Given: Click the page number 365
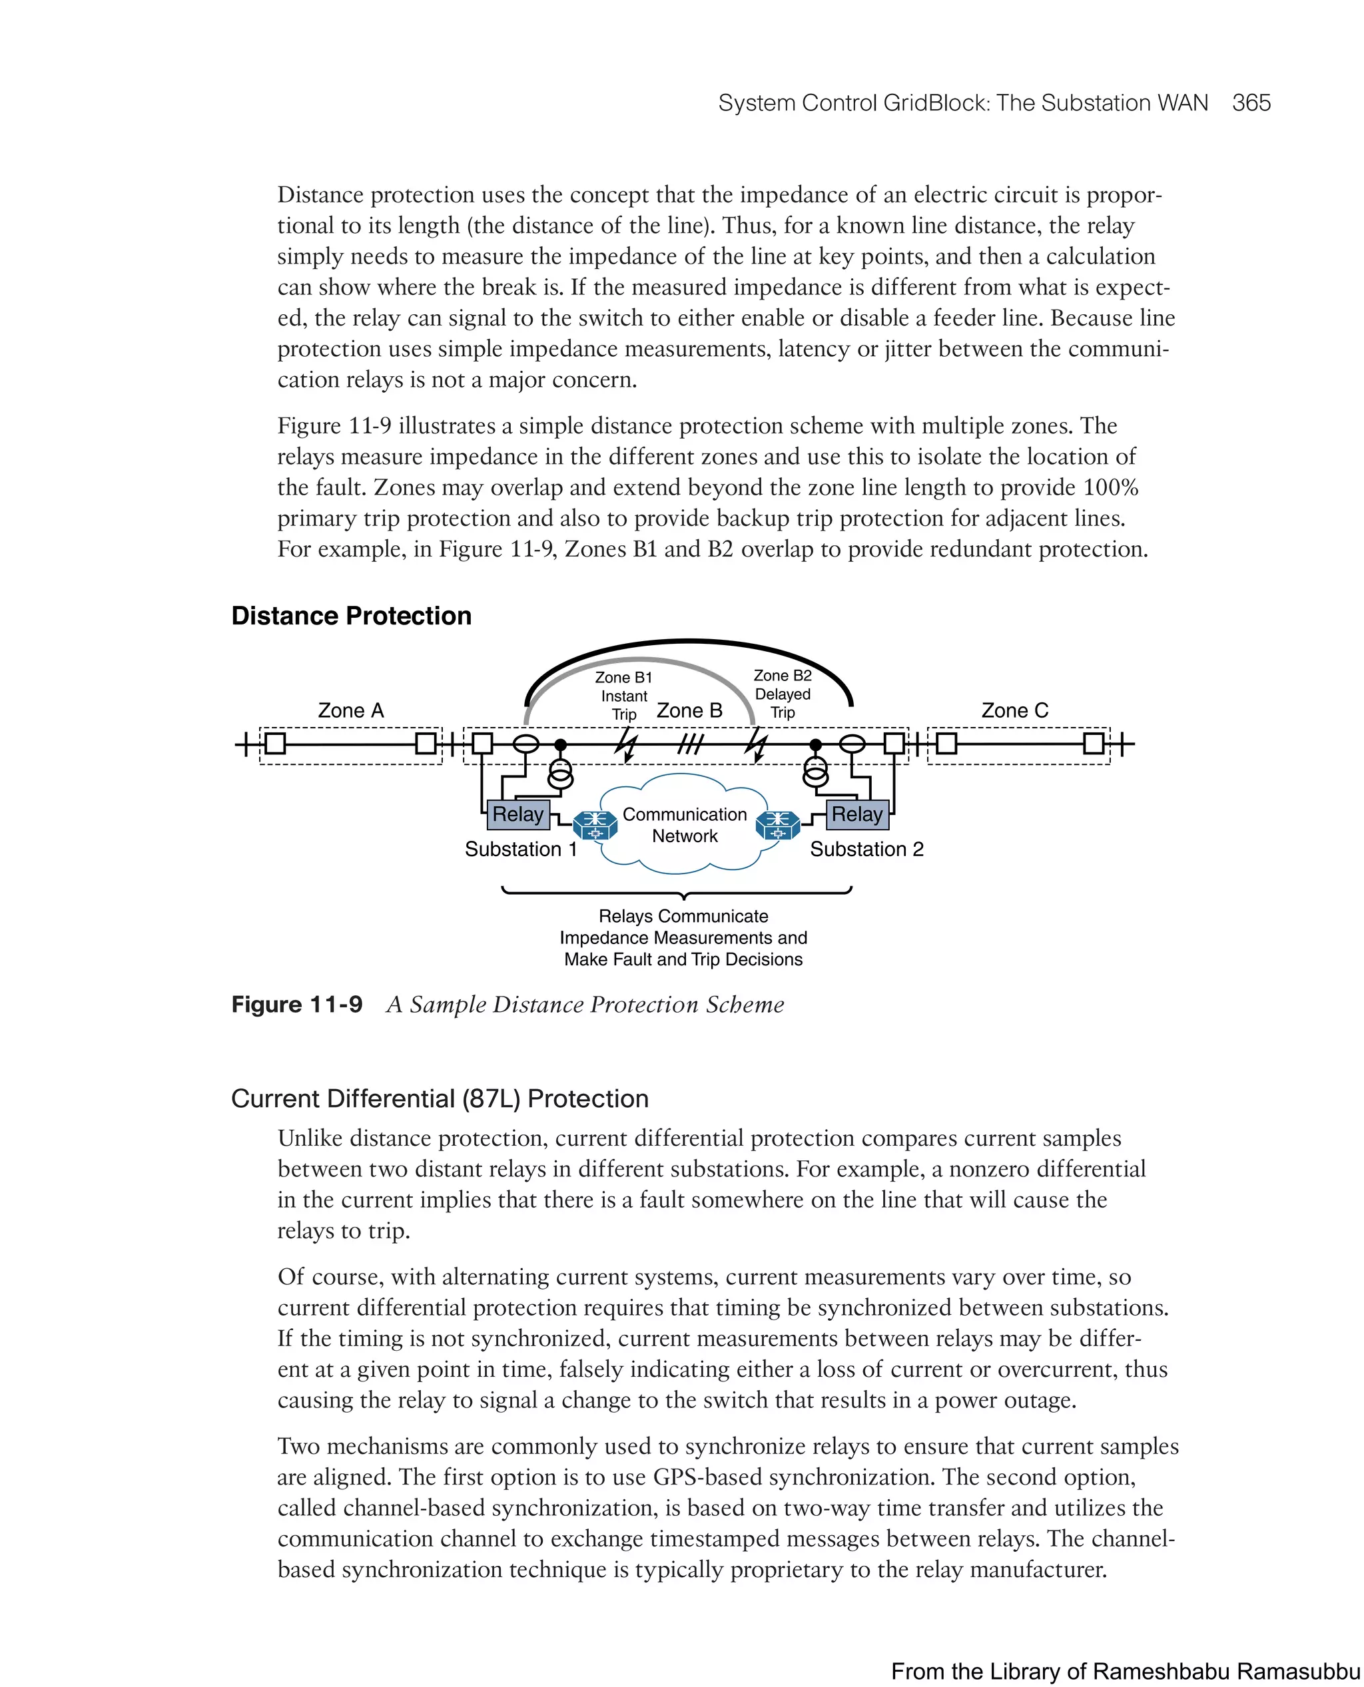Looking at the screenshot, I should pyautogui.click(x=1251, y=103).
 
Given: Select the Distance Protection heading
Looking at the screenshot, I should pyautogui.click(x=351, y=616).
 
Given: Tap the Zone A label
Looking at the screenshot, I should pyautogui.click(x=350, y=711).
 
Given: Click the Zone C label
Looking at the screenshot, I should pyautogui.click(x=1014, y=711).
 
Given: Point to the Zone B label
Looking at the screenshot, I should pyautogui.click(x=689, y=711).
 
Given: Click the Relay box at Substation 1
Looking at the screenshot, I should pyautogui.click(x=517, y=814).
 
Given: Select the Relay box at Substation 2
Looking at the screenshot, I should pyautogui.click(x=856, y=814).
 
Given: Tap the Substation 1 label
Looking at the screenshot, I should pyautogui.click(x=520, y=849).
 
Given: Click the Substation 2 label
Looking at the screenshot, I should pyautogui.click(x=866, y=849).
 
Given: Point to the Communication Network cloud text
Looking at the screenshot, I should pyautogui.click(x=685, y=826).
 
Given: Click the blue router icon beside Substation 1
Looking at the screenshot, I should pyautogui.click(x=595, y=825).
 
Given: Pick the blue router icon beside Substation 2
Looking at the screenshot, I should pyautogui.click(x=777, y=825).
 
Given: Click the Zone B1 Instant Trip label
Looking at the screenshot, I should pyautogui.click(x=624, y=696).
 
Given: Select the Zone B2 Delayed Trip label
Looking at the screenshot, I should pyautogui.click(x=783, y=694).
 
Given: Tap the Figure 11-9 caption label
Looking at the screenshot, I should pyautogui.click(x=297, y=1005).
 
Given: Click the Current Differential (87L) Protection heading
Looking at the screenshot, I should pyautogui.click(x=440, y=1098).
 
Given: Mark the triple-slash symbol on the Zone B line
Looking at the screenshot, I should pyautogui.click(x=690, y=743).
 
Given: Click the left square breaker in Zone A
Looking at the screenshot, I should pyautogui.click(x=275, y=743).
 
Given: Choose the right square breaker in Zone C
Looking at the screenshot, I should pyautogui.click(x=1093, y=743).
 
